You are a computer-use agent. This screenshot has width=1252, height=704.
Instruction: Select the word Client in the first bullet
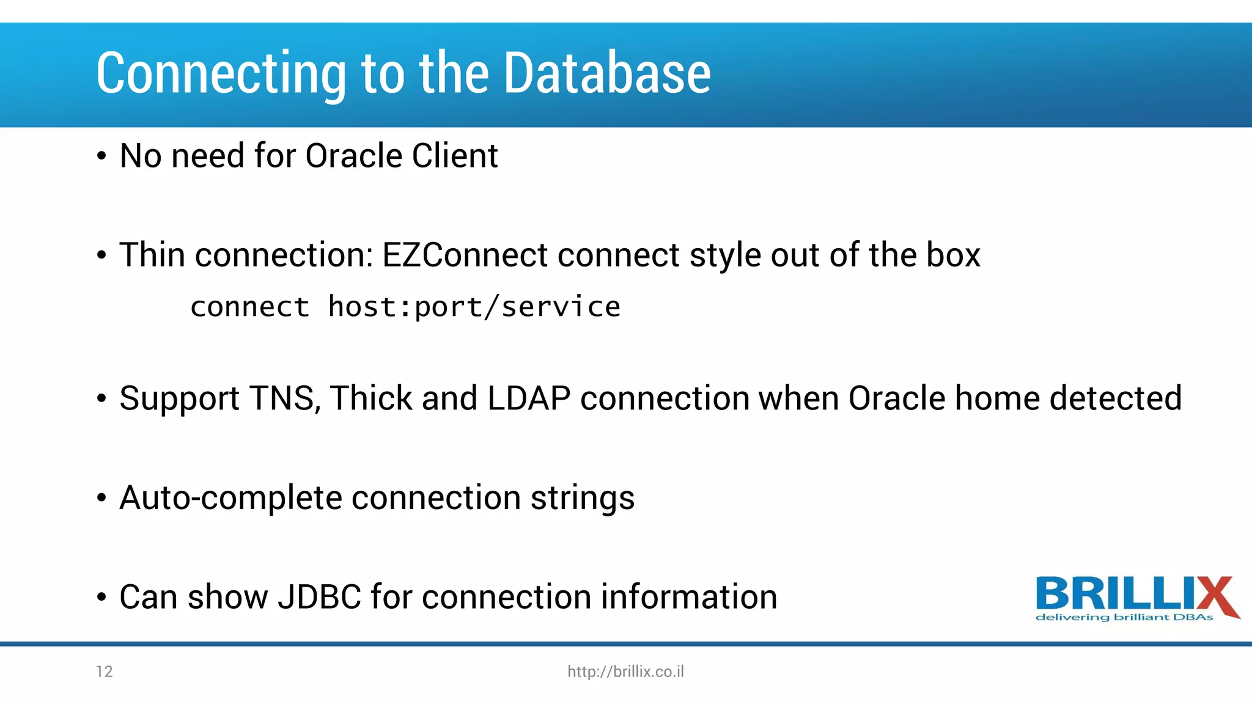point(455,156)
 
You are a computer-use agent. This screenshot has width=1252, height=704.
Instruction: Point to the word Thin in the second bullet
point(152,255)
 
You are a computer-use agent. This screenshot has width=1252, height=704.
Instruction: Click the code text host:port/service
point(474,307)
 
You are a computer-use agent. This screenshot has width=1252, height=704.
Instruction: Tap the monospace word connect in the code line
point(249,307)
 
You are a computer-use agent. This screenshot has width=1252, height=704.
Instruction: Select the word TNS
point(285,398)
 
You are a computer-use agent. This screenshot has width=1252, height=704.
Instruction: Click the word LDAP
point(529,398)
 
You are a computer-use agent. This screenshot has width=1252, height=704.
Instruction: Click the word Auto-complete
point(230,497)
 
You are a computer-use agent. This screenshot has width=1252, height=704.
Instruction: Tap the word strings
point(582,499)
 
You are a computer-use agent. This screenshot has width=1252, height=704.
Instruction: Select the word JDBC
point(319,597)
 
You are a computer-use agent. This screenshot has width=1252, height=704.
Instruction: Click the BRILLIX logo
point(1136,593)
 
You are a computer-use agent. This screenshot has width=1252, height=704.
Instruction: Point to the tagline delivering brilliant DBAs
point(1124,617)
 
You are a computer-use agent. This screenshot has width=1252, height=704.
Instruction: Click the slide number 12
point(105,672)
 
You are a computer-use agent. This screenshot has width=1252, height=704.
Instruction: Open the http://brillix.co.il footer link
point(625,672)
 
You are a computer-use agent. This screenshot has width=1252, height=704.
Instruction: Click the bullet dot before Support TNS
point(101,400)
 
